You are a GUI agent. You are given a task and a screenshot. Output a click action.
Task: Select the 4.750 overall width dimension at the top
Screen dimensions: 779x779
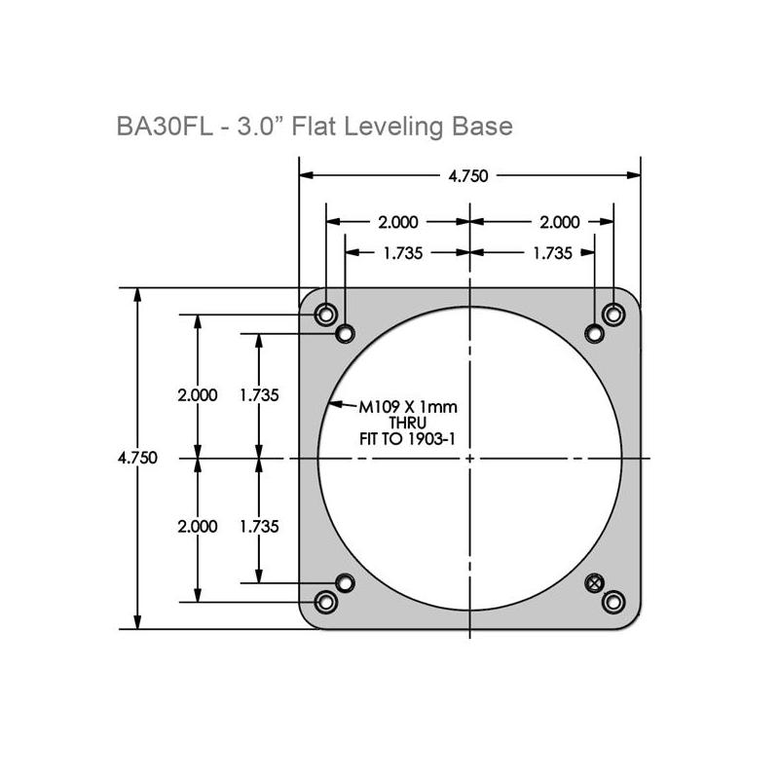coord(467,176)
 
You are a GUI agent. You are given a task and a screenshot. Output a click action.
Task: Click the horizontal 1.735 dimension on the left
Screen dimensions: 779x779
coord(402,252)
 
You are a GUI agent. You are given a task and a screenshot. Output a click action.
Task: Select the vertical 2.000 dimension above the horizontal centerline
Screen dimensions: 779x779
coord(198,395)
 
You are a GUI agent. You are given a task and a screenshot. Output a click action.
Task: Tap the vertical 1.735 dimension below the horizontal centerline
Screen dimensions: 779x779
coord(259,526)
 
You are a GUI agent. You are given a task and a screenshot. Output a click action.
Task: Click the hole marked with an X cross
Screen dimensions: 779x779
coord(594,581)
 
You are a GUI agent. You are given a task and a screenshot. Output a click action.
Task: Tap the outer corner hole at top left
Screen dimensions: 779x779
coord(326,315)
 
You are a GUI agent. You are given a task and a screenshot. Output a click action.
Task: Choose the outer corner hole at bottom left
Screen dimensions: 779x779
coord(326,602)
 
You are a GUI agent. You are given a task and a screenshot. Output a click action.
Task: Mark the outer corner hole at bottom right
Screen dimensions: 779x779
coord(612,602)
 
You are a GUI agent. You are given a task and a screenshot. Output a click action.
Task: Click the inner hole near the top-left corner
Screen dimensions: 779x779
coord(345,334)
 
